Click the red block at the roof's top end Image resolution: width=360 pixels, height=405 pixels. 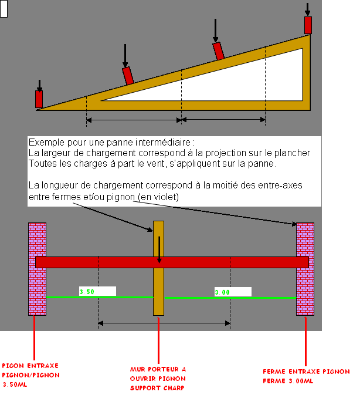(308, 25)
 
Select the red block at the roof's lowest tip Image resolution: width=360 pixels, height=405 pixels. (39, 99)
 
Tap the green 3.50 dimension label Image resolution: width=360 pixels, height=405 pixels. (97, 291)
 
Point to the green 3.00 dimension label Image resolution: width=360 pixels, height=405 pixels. (233, 292)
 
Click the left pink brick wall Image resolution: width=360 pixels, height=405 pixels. (38, 268)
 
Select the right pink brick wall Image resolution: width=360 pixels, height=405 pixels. (305, 268)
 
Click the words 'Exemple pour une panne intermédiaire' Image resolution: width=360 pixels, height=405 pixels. (111, 143)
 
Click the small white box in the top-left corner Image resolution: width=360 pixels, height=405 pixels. (4, 9)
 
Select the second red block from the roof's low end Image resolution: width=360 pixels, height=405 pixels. (128, 76)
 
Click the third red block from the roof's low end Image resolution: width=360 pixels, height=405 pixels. (219, 51)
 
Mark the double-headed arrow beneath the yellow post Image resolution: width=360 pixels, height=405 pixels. (164, 322)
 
